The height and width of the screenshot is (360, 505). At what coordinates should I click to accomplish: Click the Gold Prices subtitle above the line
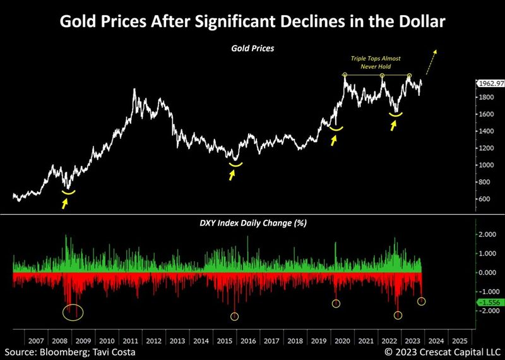click(252, 47)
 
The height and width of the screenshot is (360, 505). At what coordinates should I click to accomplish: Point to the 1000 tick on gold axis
click(484, 165)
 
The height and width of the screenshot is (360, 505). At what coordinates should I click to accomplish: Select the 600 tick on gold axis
click(484, 199)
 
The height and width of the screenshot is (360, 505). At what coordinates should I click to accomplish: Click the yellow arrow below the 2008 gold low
click(64, 203)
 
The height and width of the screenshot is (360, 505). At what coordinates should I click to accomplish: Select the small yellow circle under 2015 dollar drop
click(235, 316)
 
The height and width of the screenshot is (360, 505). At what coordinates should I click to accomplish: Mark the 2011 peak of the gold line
click(134, 90)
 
